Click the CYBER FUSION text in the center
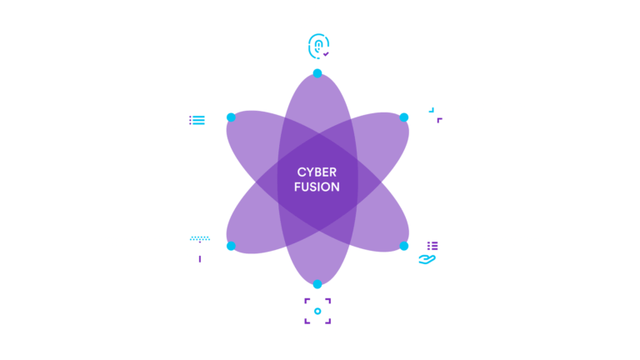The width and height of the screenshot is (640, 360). click(317, 179)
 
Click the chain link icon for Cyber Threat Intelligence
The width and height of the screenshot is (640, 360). click(435, 115)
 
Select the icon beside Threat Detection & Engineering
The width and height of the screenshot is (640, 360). click(430, 251)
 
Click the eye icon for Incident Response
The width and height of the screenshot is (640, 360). click(317, 311)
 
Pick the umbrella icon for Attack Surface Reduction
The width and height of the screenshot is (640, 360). click(200, 248)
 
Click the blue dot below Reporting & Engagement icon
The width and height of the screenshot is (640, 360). click(317, 73)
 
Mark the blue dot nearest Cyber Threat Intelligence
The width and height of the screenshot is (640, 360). click(404, 117)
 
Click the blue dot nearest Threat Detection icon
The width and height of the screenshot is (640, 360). click(404, 246)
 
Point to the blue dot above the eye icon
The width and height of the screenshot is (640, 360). click(317, 285)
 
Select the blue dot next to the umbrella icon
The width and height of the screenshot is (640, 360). click(231, 246)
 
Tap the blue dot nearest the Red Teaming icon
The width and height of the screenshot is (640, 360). click(231, 117)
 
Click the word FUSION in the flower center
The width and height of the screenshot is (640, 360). click(317, 187)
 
